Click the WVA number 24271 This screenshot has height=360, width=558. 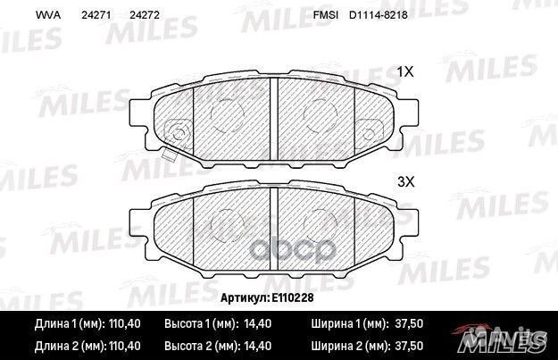click(x=96, y=15)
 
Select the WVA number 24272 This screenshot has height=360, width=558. click(x=145, y=15)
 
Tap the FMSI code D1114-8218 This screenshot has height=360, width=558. click(x=379, y=15)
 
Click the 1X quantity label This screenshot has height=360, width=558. click(x=405, y=72)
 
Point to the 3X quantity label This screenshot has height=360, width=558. click(x=405, y=182)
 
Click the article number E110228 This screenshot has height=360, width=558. click(x=293, y=297)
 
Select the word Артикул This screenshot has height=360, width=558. click(x=245, y=297)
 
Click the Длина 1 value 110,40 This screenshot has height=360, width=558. click(x=123, y=323)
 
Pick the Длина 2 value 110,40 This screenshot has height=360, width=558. click(x=123, y=346)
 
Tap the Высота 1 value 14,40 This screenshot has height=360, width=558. click(x=258, y=323)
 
